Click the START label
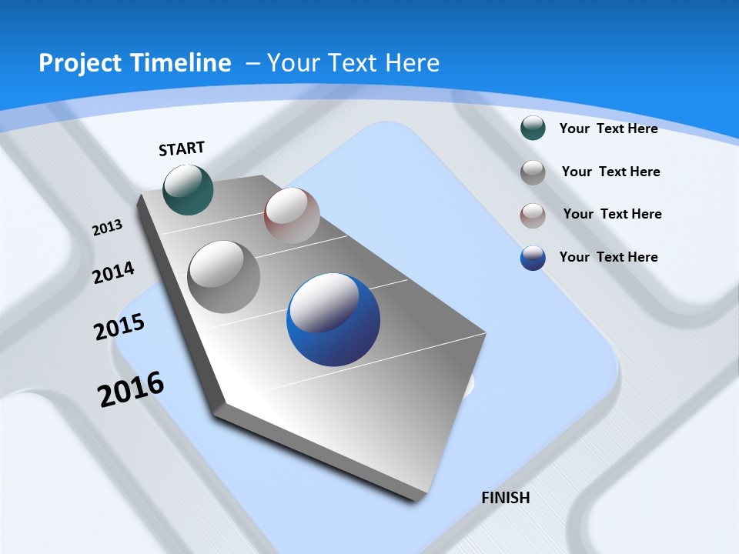pyautogui.click(x=182, y=149)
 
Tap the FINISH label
pyautogui.click(x=506, y=498)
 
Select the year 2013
pyautogui.click(x=107, y=228)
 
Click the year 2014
pyautogui.click(x=113, y=272)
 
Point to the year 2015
pyautogui.click(x=119, y=326)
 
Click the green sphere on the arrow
pyautogui.click(x=189, y=189)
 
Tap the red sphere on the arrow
pyautogui.click(x=292, y=215)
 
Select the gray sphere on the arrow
pyautogui.click(x=224, y=276)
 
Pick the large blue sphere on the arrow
pyautogui.click(x=333, y=319)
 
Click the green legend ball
pyautogui.click(x=533, y=128)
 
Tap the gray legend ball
pyautogui.click(x=533, y=172)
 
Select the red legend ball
pyautogui.click(x=533, y=215)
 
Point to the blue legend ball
pyautogui.click(x=533, y=258)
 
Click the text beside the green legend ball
pyautogui.click(x=608, y=128)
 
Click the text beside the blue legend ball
pyautogui.click(x=608, y=257)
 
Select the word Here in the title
pyautogui.click(x=412, y=63)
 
